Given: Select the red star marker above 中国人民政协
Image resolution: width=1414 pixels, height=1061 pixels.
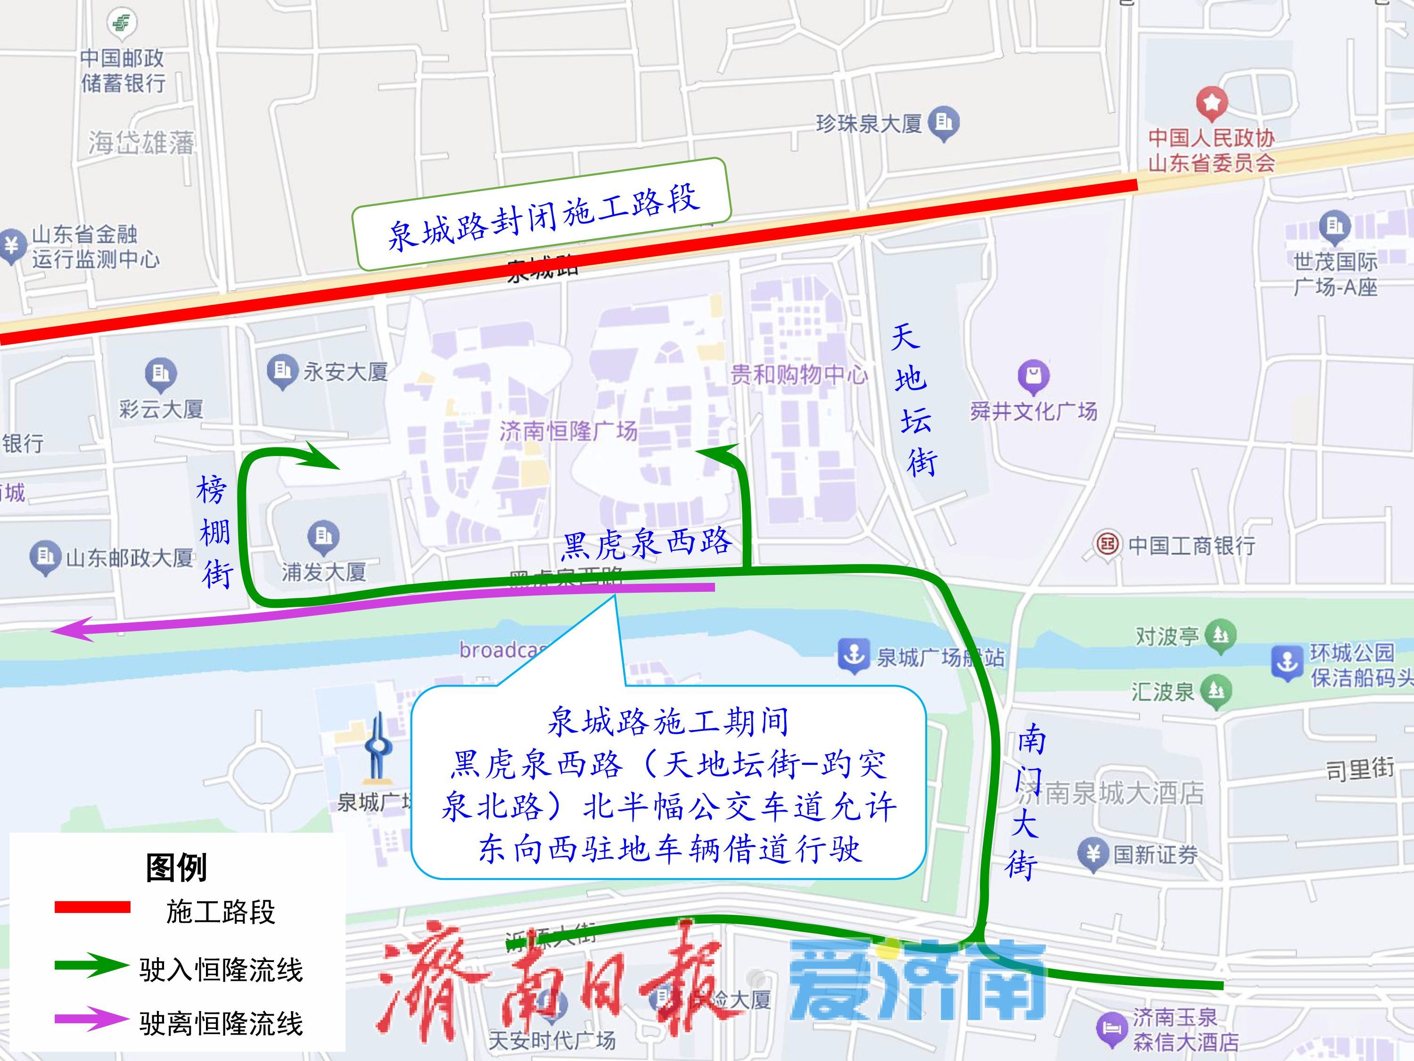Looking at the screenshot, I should (1212, 102).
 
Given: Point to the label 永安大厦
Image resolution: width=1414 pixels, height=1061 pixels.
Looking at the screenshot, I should (345, 372).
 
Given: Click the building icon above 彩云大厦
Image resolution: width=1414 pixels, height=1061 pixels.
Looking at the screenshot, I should (160, 373).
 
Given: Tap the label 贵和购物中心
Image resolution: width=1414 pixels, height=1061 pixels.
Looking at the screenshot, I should (798, 374).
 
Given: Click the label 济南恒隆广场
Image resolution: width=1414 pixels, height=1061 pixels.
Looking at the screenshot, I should (568, 431).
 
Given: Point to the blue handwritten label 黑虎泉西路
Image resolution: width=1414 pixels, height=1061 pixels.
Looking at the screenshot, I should (646, 544).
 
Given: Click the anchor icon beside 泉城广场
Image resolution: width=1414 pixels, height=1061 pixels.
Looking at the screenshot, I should (854, 655).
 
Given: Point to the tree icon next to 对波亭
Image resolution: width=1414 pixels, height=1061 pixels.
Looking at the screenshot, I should (1220, 635).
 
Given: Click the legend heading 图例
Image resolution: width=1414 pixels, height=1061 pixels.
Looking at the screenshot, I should (176, 867).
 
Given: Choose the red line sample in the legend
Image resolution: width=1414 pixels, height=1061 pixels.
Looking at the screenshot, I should (93, 907).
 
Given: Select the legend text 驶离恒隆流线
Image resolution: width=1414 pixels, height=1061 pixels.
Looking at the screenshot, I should (221, 1023).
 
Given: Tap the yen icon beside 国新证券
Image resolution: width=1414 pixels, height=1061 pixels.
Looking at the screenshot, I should (1093, 854).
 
